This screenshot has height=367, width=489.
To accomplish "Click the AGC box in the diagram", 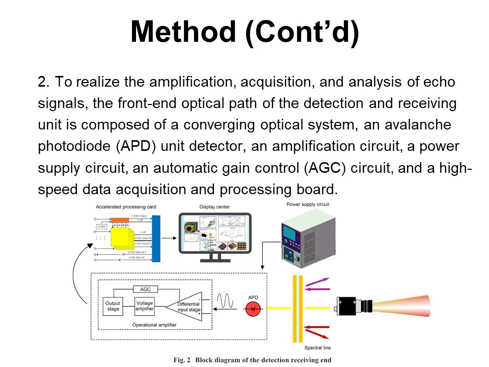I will [145, 289].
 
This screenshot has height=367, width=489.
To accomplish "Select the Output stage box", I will [113, 306].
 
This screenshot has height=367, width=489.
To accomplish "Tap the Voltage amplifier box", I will [145, 306].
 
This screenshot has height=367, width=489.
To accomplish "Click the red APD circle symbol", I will [253, 309].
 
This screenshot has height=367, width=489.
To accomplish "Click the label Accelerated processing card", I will [126, 207].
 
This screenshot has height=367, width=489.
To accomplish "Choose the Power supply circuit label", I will [308, 204].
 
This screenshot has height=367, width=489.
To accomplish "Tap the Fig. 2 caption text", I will [252, 360].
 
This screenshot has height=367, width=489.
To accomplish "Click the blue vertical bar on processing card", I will [156, 239].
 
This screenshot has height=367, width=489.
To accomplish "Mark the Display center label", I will [215, 207].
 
